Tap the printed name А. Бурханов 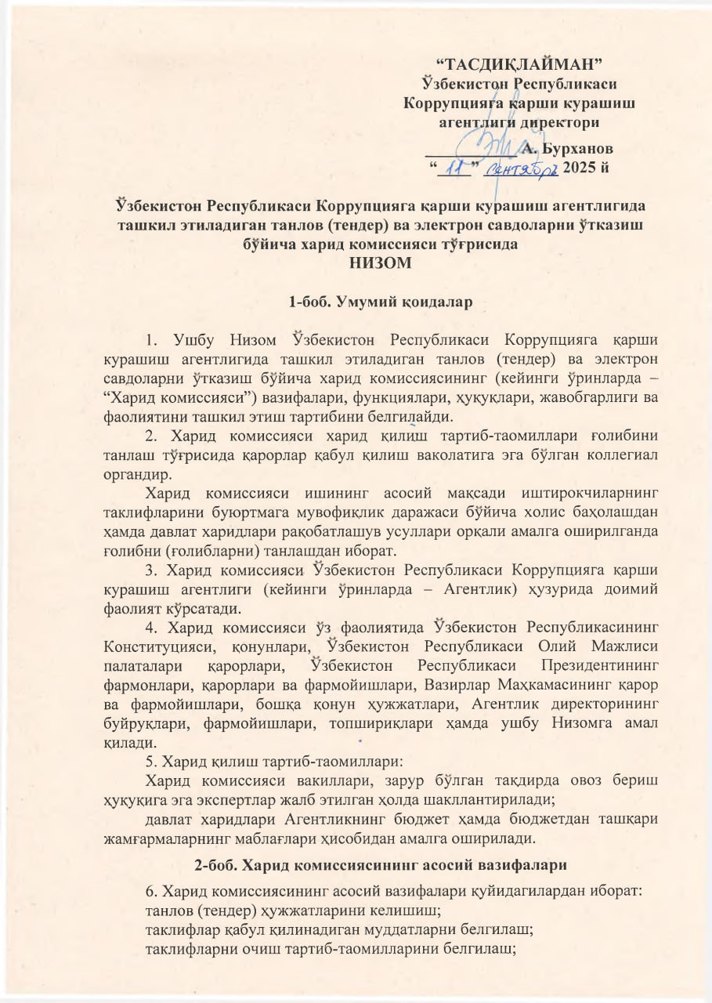pos(566,148)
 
